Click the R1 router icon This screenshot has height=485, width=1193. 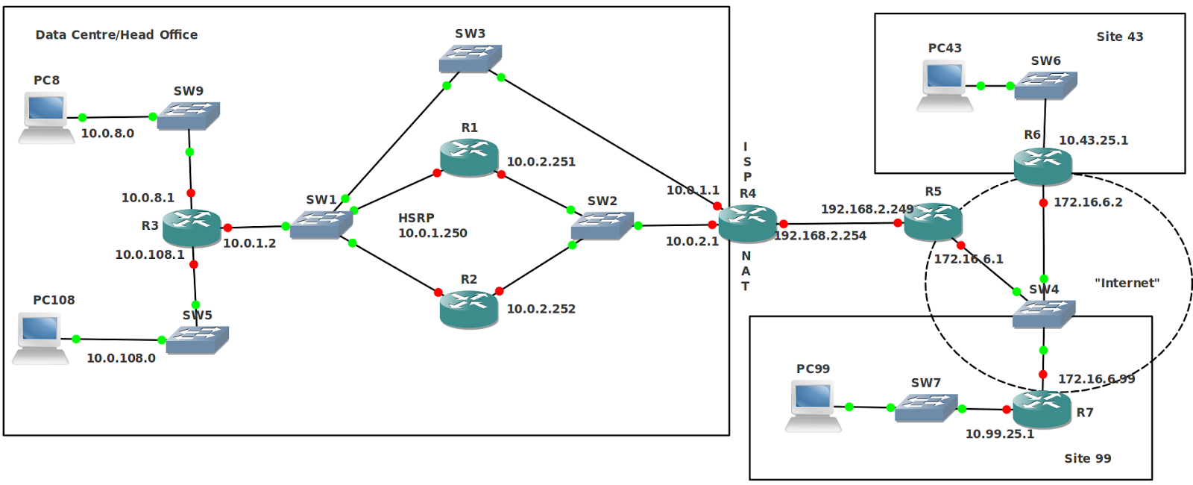469,157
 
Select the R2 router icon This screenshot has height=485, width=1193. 469,309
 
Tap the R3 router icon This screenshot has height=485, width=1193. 192,228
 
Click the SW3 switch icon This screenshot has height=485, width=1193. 470,59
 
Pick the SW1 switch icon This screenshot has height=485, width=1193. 321,225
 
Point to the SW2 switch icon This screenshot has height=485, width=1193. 602,226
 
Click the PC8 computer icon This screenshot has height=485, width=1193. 46,118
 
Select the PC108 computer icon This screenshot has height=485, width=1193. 40,339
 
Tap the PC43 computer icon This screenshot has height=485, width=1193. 945,86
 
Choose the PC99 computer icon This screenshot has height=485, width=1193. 813,406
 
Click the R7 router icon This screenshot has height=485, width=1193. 1042,410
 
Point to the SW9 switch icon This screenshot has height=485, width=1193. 189,116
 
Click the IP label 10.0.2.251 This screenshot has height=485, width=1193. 541,161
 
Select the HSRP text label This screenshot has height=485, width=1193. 417,218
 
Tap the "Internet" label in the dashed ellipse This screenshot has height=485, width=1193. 1127,283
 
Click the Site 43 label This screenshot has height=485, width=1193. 1119,37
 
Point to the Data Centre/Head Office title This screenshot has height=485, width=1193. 116,34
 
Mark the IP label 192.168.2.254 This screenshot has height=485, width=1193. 820,236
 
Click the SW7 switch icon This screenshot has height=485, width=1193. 926,408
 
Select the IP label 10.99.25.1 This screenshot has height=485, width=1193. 1000,434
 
